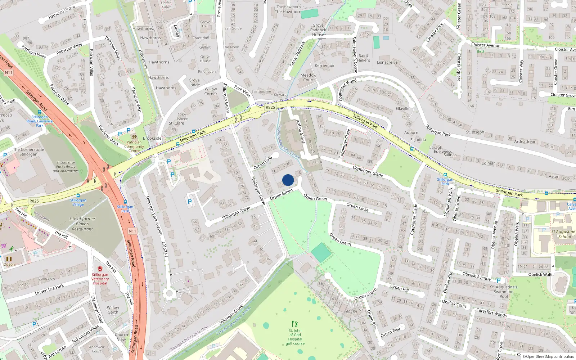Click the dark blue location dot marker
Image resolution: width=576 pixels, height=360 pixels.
coord(288,180)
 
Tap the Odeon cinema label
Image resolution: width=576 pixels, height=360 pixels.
coord(9,264)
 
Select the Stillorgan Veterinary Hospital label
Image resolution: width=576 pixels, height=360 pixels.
coord(100,279)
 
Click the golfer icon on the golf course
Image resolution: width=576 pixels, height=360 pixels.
coord(295,324)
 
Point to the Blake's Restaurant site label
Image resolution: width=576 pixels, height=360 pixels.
coord(82,224)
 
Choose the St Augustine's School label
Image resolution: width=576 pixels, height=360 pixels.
coord(564,234)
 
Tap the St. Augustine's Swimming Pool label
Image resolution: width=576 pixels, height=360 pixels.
coord(504,292)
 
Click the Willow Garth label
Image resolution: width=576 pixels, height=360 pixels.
coord(113,310)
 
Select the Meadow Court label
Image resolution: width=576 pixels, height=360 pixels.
coord(309,77)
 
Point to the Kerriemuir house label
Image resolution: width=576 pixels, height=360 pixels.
coord(325,66)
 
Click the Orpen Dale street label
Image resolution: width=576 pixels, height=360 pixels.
coord(263,163)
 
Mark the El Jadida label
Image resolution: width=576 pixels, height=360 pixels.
coord(418,140)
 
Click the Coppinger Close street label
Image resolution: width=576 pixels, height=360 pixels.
coord(344,141)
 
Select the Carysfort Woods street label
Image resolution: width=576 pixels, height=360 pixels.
coord(491,312)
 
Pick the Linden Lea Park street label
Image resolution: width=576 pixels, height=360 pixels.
coord(49,290)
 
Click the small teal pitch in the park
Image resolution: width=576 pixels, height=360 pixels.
coord(321,253)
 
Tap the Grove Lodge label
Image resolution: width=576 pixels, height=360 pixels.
coord(194,82)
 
